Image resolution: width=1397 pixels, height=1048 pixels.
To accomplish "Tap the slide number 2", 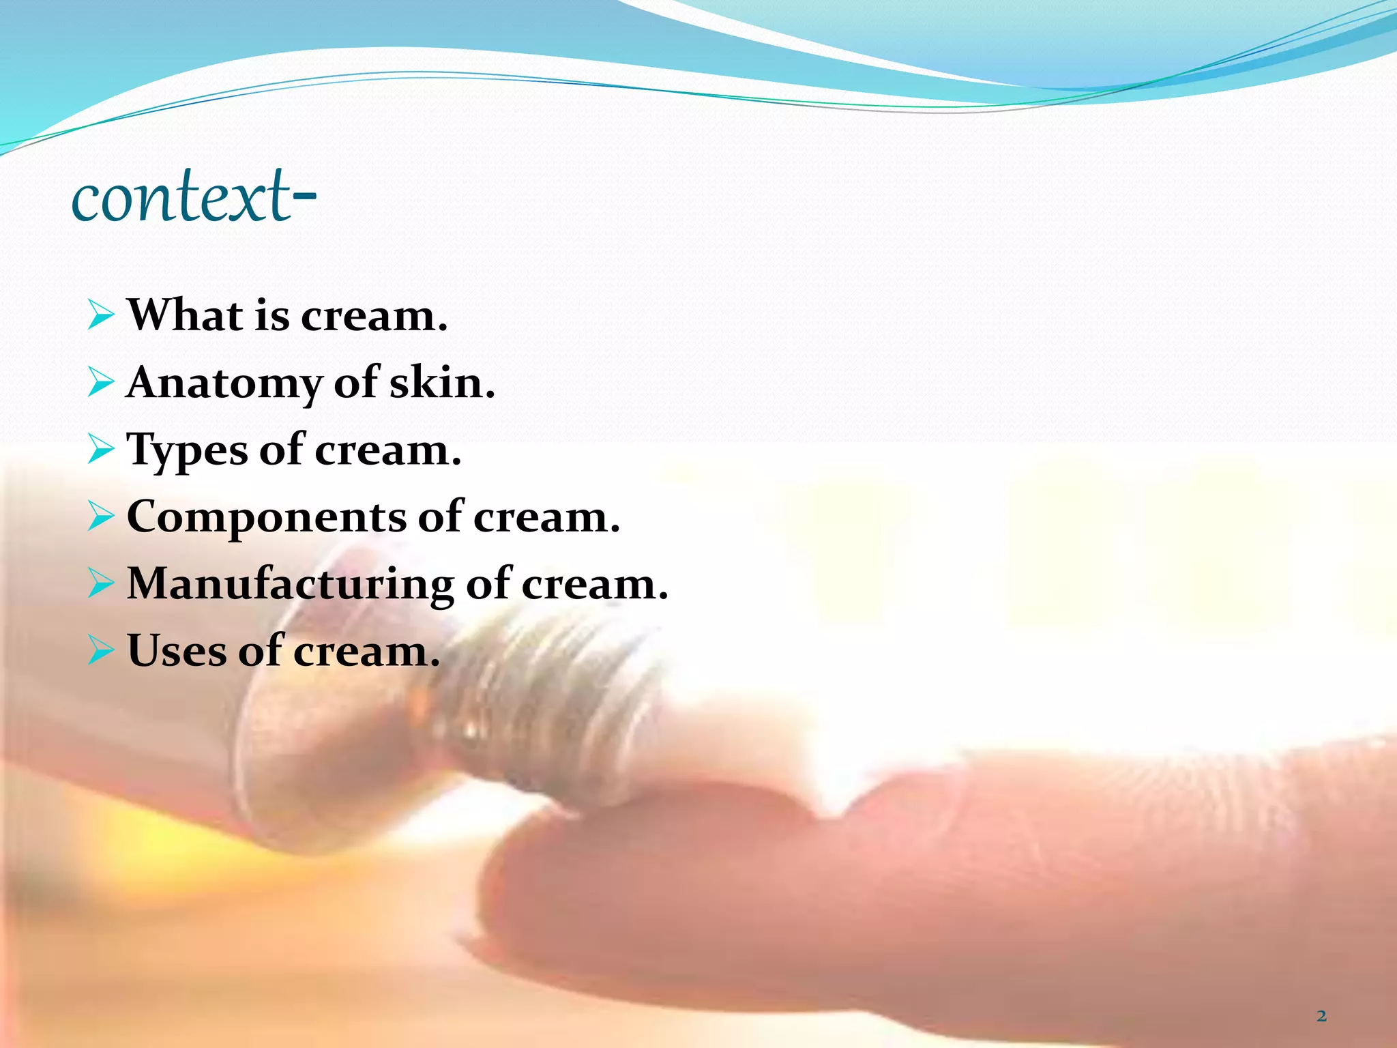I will (x=1321, y=1016).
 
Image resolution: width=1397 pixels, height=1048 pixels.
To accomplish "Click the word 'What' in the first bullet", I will (x=185, y=315).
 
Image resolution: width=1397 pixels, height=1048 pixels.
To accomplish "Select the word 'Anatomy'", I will (x=224, y=383).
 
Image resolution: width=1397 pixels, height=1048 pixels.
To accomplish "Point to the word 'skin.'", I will (x=442, y=382).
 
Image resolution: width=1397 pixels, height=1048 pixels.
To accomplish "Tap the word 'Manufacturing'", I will (x=290, y=584).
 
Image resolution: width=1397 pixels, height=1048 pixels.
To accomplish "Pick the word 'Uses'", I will (x=176, y=650).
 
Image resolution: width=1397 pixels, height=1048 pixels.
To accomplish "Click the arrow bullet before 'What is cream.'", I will (x=100, y=316).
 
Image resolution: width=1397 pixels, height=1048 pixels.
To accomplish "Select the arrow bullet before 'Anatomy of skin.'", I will (x=100, y=383).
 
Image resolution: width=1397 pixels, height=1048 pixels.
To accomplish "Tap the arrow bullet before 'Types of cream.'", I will (x=100, y=450).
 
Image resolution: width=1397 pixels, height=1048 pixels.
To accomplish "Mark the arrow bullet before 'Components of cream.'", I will (x=100, y=517).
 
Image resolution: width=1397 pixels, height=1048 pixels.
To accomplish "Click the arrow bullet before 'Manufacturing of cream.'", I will (x=100, y=584).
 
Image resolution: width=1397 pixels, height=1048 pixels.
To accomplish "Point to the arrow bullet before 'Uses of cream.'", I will (x=100, y=651).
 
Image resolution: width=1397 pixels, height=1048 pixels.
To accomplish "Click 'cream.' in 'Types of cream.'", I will (x=388, y=450).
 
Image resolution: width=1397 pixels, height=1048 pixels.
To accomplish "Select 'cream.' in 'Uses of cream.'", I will (x=367, y=651).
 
